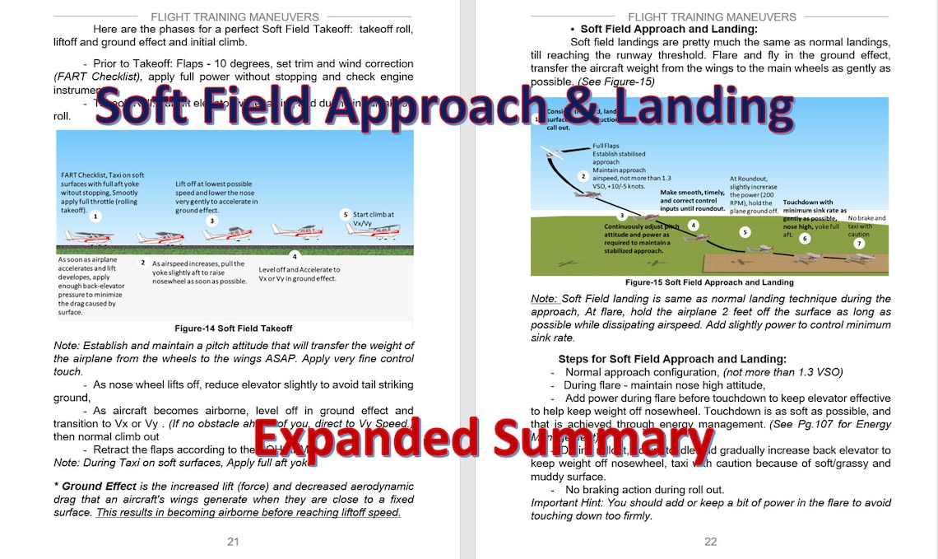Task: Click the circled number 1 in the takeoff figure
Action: click(x=95, y=216)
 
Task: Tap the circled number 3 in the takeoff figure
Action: click(x=211, y=221)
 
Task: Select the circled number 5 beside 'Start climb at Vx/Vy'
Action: click(x=346, y=214)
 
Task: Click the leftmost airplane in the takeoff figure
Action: click(x=88, y=236)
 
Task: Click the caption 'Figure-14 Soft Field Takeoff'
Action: click(x=234, y=328)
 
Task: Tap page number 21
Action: click(x=233, y=541)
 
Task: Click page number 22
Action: click(x=710, y=541)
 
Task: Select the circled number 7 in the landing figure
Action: click(x=859, y=244)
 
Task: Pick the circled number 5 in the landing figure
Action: click(x=745, y=232)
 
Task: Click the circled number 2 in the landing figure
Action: click(x=583, y=176)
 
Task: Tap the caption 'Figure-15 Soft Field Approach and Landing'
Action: click(x=709, y=282)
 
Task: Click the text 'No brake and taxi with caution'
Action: click(x=866, y=226)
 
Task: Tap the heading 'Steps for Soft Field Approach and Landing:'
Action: click(x=671, y=359)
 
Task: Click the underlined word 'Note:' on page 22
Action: click(x=544, y=299)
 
